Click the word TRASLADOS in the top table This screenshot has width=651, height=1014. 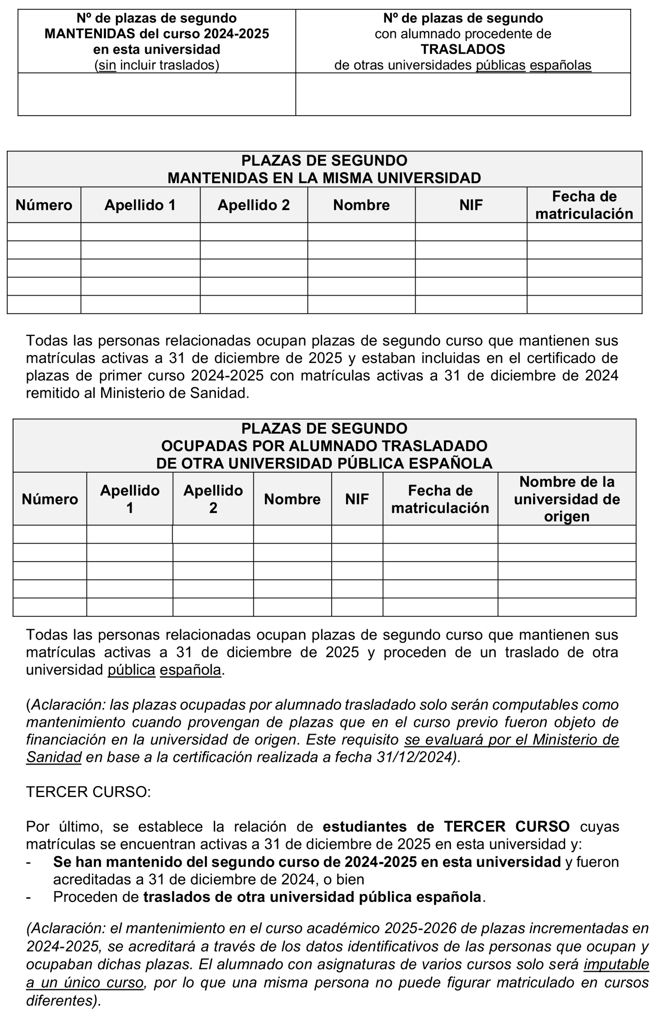coord(463,49)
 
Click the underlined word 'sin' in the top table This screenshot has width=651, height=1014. coord(107,65)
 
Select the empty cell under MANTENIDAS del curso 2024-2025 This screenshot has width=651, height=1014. coord(156,94)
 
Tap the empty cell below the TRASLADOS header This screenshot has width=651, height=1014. coord(463,94)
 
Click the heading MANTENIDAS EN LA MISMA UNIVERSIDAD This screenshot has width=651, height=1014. coord(324,178)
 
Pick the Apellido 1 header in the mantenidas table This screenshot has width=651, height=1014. coord(140,205)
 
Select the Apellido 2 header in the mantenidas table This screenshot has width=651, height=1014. coord(254,205)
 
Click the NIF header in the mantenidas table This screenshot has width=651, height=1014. coord(471,205)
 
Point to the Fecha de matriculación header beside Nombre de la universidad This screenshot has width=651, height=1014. coord(440,499)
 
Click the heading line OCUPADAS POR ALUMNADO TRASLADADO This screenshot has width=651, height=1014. coord(324,446)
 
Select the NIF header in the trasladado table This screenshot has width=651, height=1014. coord(357,499)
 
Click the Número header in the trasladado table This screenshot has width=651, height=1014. coord(50,499)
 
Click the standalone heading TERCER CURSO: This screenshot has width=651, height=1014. coord(88,792)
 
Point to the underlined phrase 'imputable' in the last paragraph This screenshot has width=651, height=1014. coord(616,965)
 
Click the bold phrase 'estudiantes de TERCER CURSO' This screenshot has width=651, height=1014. coord(446,826)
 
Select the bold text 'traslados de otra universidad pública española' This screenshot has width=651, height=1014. coord(313,897)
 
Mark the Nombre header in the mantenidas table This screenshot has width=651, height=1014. coord(361,205)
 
